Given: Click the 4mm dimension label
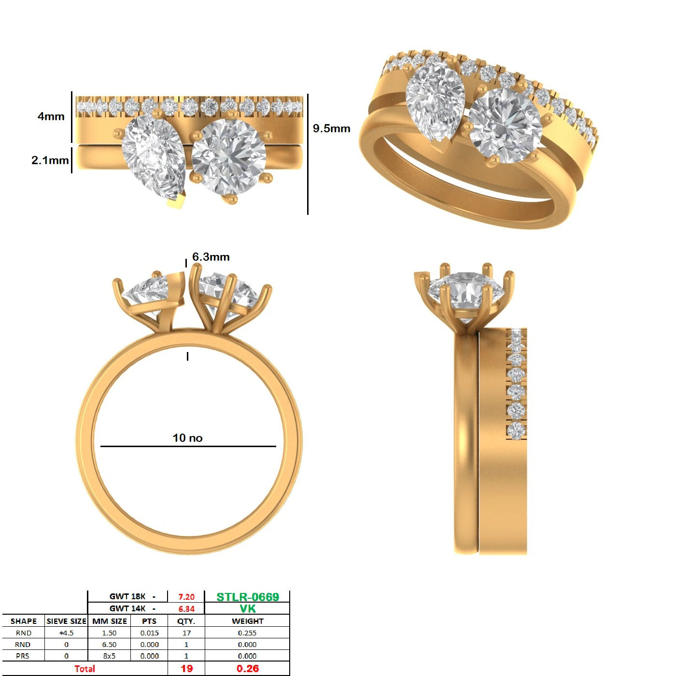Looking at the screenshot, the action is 51,116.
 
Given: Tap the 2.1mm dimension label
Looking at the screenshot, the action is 50,160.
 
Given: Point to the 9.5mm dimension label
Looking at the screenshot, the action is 331,128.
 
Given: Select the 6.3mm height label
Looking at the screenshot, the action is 211,257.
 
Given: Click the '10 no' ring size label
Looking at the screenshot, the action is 187,438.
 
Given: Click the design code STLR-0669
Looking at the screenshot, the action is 248,597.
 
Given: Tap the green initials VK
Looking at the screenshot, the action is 248,609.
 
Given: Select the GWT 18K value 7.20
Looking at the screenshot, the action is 186,597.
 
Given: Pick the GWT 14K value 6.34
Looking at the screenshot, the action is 186,609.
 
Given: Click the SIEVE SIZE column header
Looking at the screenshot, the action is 66,621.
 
